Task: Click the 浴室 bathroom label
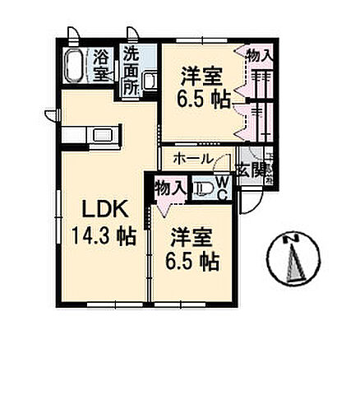click(101, 65)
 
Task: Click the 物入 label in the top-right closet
click(261, 54)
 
